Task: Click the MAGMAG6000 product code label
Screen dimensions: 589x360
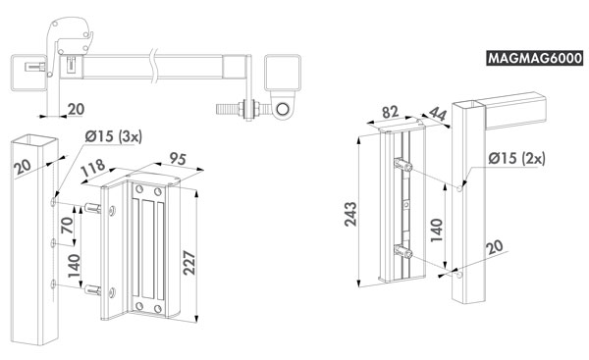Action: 535,58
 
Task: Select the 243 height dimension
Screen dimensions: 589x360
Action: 350,214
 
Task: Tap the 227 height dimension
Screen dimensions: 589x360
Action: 189,263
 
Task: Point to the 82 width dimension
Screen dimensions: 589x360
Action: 390,112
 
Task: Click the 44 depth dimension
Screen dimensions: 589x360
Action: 438,113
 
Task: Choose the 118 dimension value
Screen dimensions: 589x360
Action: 92,168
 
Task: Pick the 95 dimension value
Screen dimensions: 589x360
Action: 178,158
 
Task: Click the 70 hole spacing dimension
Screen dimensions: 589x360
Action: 67,225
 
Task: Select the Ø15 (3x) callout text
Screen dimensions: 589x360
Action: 114,136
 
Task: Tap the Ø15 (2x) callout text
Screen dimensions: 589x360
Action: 516,158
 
